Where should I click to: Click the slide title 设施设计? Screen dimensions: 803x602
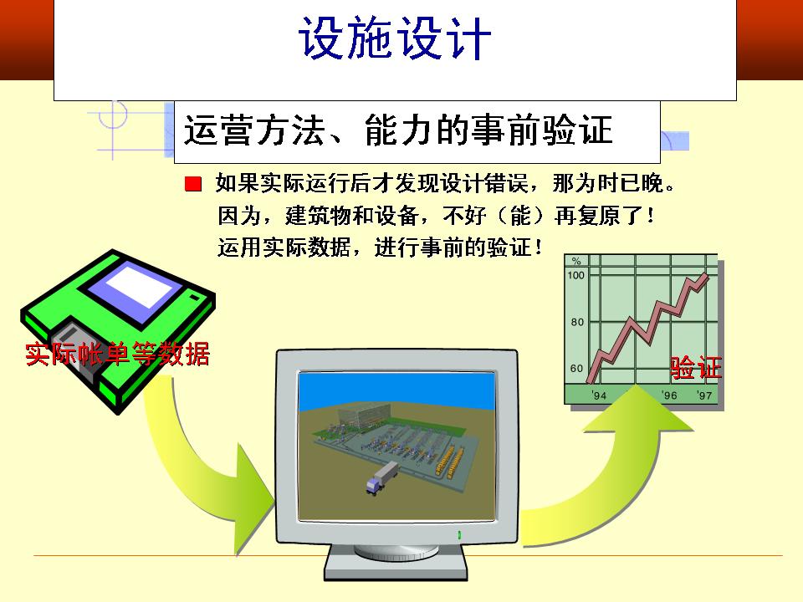394,38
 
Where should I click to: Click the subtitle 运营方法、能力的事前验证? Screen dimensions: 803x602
398,130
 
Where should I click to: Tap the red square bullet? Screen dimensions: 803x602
193,184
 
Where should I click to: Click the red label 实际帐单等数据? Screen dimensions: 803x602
117,353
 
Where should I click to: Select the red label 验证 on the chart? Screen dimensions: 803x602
695,368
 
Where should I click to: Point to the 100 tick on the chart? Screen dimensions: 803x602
575,275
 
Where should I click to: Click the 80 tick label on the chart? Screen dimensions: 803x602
577,322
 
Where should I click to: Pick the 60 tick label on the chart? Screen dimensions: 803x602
576,369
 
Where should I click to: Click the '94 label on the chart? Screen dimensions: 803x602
599,395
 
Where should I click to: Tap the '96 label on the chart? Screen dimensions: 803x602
669,395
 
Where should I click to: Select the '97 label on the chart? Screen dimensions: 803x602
704,395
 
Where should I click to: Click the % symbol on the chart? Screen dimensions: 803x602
576,261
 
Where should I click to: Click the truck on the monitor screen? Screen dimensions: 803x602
382,477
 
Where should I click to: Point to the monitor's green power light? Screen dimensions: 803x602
459,535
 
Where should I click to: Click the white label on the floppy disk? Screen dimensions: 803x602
140,287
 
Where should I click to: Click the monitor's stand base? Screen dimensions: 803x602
396,567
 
